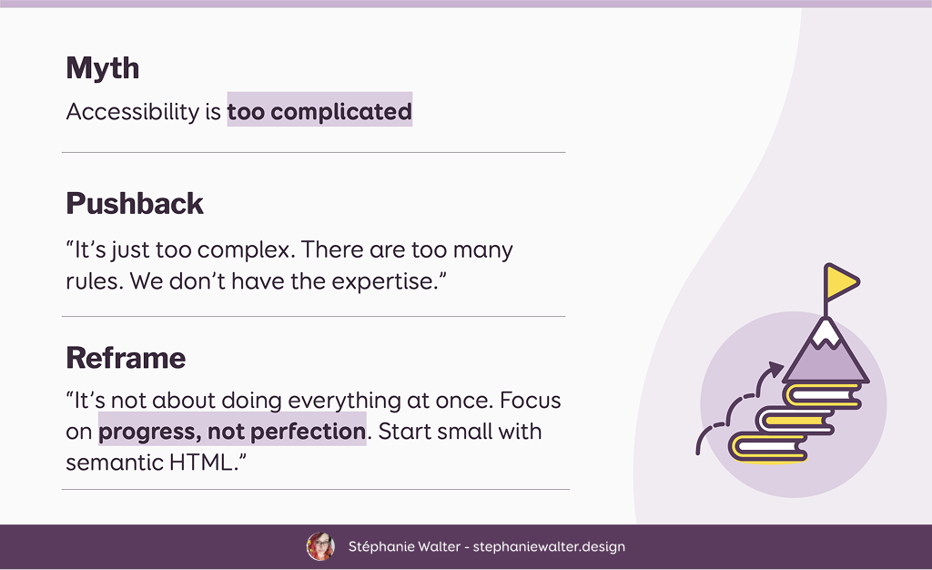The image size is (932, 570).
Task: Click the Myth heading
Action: point(103,67)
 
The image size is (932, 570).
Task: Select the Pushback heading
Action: point(135,203)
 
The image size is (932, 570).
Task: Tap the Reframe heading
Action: point(126,358)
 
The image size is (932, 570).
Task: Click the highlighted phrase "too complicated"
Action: point(319,111)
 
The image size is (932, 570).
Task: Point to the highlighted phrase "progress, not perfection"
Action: point(232,431)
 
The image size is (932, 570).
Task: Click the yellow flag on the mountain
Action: point(841,282)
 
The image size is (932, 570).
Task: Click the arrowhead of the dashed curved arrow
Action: point(775,370)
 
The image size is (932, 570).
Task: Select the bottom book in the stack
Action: point(768,447)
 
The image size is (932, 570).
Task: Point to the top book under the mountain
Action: point(823,395)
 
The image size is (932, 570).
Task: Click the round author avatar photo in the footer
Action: point(320,546)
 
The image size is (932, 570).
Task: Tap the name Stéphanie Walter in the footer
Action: point(404,546)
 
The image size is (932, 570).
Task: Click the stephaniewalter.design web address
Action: point(549,547)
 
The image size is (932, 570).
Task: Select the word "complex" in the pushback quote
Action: point(246,250)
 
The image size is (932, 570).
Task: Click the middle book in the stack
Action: point(795,421)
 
